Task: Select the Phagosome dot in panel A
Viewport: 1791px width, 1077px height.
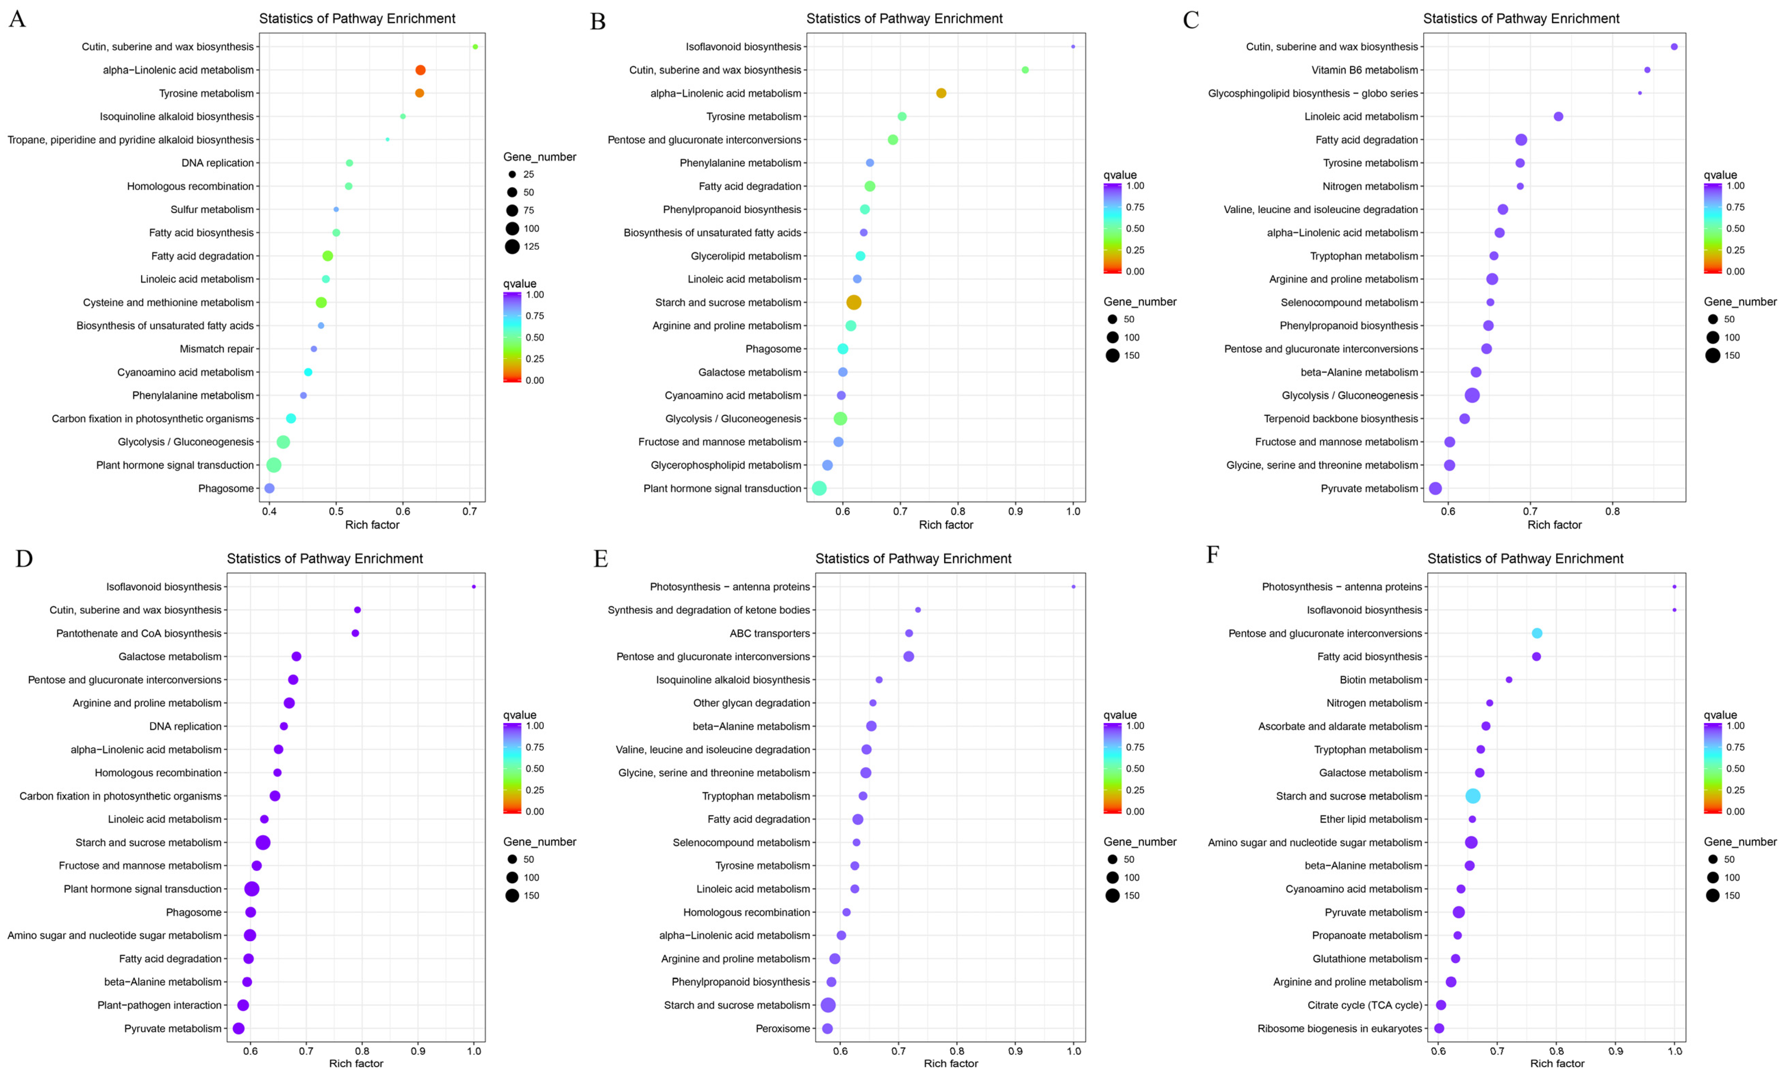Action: point(269,489)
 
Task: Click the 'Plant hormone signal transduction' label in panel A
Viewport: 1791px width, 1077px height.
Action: point(175,465)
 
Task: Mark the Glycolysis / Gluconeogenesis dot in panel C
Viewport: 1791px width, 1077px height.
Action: point(1472,396)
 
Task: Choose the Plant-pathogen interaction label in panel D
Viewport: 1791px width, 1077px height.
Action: point(160,1005)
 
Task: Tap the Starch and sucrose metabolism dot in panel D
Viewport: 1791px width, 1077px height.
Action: point(263,843)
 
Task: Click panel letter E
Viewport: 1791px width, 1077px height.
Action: point(600,559)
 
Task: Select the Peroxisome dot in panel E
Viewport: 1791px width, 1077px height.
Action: point(827,1028)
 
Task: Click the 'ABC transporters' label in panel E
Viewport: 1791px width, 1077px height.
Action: point(770,633)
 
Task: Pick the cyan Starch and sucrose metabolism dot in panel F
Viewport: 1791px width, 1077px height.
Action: point(1472,796)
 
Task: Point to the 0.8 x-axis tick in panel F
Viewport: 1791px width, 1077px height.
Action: point(1556,1051)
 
